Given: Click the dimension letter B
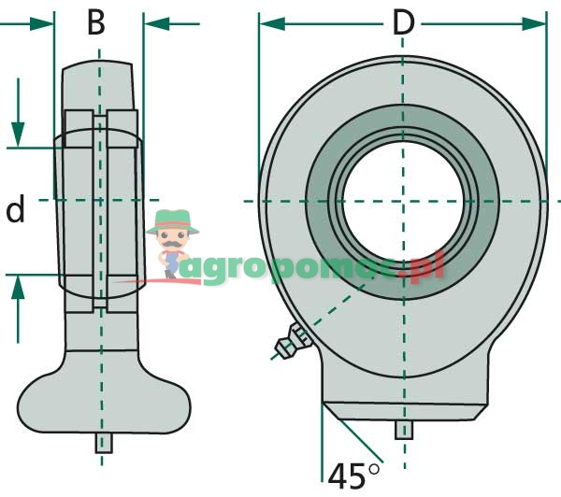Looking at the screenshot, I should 96,22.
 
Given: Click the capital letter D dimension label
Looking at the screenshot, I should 403,22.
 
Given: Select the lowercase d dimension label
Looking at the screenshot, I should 14,212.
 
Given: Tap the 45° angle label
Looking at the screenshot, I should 354,474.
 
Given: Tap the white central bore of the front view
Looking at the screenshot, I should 403,200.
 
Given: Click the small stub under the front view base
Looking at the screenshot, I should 403,430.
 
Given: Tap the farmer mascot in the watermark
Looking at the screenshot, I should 173,244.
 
